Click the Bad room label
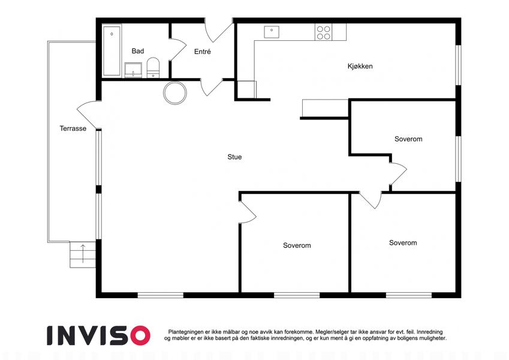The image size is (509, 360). pos(138,51)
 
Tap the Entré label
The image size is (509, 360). pos(202,52)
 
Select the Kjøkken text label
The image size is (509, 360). pos(360,66)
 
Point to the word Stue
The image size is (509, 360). pos(234,157)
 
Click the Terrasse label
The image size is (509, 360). pos(73,128)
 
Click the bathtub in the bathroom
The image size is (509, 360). pos(112,51)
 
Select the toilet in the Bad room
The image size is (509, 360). pos(153,68)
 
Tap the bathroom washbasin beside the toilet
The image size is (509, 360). pos(133,70)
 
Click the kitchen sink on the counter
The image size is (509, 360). pos(272,32)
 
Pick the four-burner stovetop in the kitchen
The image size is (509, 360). pos(323,32)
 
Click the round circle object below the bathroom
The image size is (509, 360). pos(175,93)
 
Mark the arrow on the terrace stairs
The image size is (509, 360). pos(83,253)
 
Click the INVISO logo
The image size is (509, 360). pos(99,335)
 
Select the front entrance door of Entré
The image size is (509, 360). pos(218,30)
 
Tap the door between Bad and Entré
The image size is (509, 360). pos(177,49)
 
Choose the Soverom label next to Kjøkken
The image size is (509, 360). pos(408,139)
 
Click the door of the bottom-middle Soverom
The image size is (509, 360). pos(248,212)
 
